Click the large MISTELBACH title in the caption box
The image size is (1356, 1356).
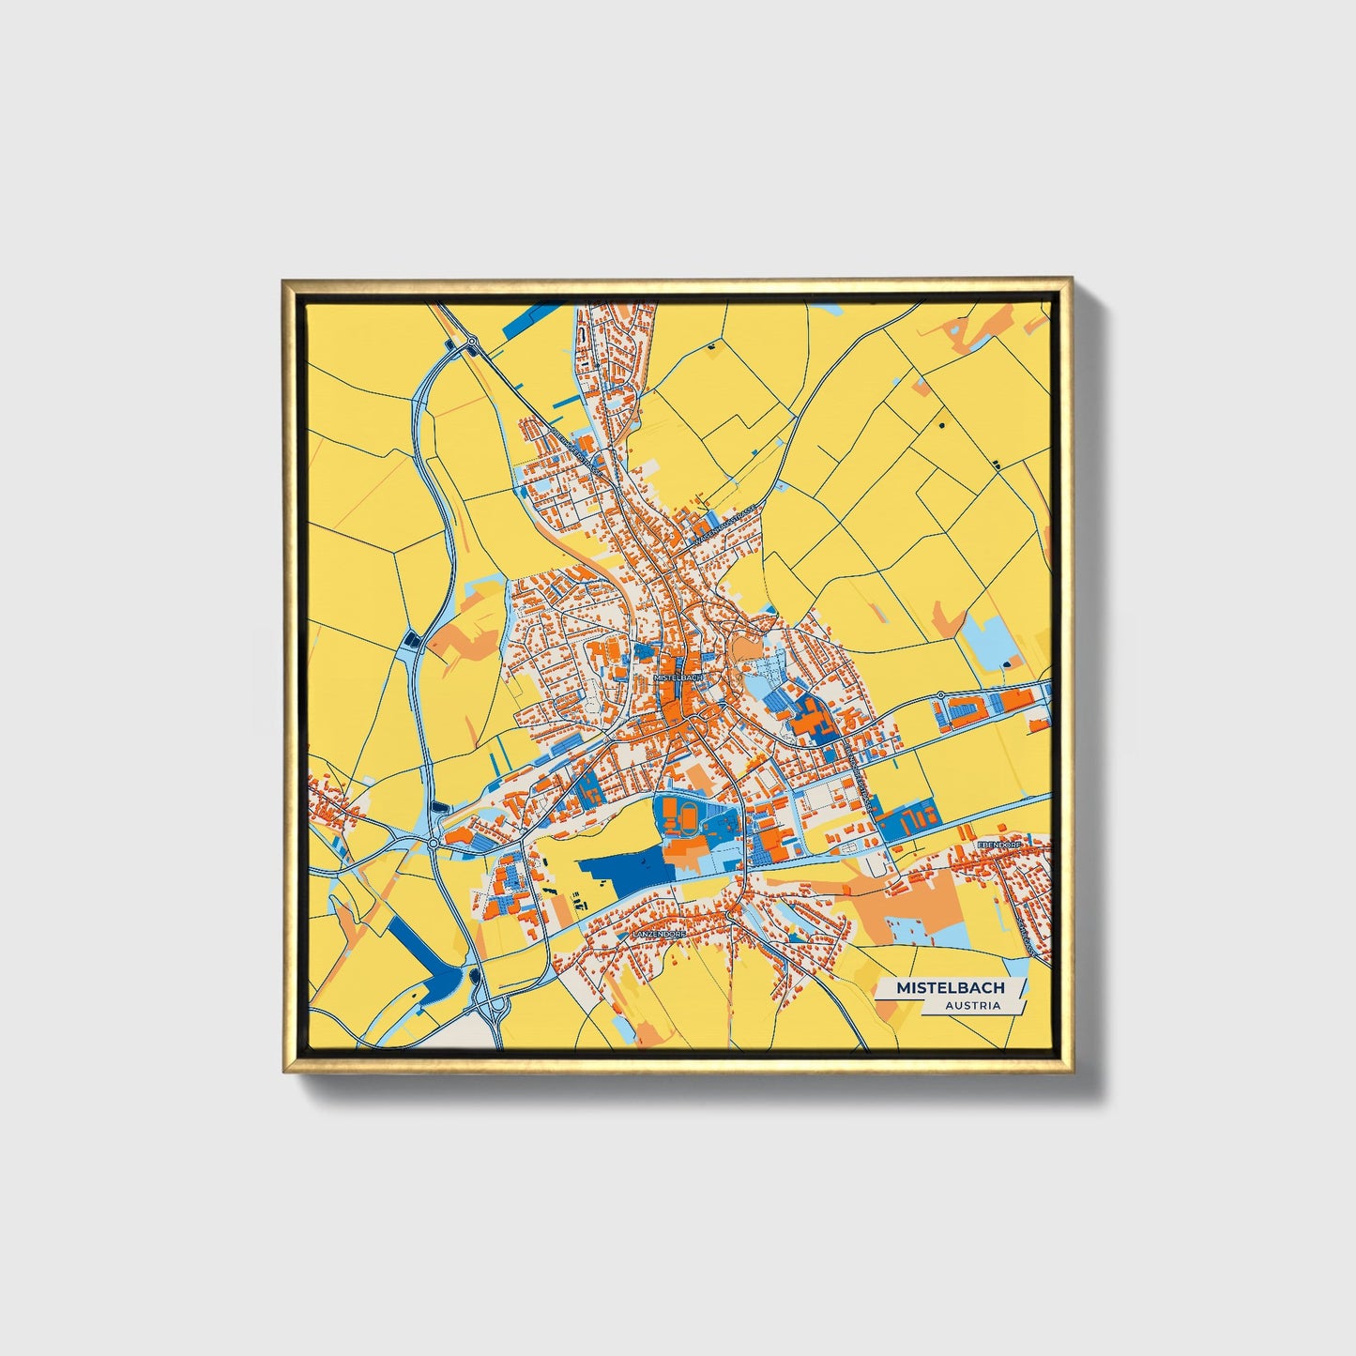coord(950,987)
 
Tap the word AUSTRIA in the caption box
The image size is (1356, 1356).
coord(972,1005)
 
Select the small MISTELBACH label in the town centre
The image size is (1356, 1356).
coord(678,677)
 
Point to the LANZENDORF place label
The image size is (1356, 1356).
coord(659,935)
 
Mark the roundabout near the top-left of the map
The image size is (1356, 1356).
coord(473,342)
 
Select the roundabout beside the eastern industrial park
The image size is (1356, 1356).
coord(939,696)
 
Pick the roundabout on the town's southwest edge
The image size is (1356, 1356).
coord(434,845)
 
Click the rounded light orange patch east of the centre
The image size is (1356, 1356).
coord(747,648)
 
